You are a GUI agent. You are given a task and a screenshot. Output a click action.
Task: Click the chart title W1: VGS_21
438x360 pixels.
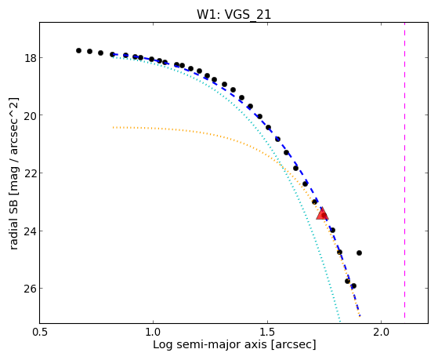tap(233, 14)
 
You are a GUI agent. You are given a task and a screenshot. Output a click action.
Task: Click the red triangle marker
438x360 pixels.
tap(322, 213)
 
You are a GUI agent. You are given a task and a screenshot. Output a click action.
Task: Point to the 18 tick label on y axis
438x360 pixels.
tap(30, 58)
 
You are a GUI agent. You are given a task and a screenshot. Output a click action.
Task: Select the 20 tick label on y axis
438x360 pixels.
tap(30, 115)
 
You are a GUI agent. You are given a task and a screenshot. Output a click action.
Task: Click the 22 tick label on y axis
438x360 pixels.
tap(30, 173)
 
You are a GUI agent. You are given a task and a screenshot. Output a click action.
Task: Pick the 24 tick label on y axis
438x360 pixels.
tap(30, 231)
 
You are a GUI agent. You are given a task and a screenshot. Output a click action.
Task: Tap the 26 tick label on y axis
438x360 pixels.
tap(30, 289)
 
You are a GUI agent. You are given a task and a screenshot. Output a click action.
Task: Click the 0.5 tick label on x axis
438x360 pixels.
tap(40, 333)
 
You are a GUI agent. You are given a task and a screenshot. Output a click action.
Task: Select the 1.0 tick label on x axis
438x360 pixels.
tap(153, 333)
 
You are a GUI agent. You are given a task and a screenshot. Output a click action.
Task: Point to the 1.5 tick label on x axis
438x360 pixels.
tap(267, 333)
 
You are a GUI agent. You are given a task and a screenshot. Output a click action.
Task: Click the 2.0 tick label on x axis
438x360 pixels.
tap(382, 333)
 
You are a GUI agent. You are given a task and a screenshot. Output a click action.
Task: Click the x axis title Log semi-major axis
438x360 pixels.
tap(210, 345)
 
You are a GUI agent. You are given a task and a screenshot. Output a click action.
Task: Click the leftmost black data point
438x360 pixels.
tap(78, 51)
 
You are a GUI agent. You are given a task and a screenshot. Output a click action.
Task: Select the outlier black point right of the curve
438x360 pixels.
tap(359, 253)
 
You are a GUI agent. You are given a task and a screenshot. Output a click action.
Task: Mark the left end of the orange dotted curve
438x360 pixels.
tap(113, 128)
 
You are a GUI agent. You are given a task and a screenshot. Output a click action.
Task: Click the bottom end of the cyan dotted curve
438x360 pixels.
tap(340, 321)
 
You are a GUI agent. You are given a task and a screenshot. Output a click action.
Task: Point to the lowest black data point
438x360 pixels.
tap(353, 285)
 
